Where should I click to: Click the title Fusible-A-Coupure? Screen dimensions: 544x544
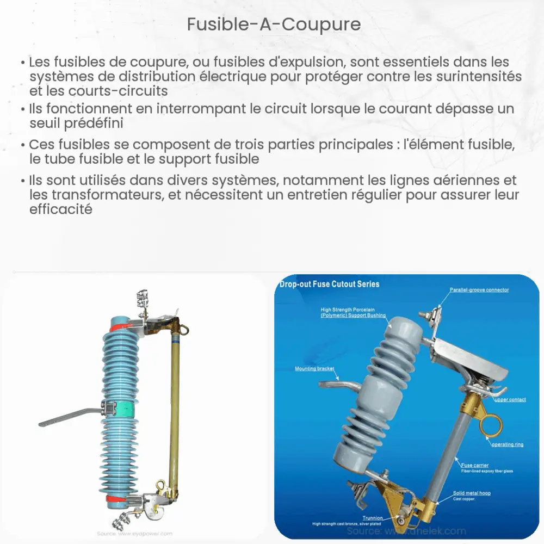click(x=274, y=24)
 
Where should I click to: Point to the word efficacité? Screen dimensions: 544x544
click(x=61, y=209)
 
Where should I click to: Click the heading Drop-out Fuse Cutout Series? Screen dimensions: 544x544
click(x=329, y=284)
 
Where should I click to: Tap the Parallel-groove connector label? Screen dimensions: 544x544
click(x=479, y=290)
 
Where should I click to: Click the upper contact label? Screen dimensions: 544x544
click(x=510, y=400)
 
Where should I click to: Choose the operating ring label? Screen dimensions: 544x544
click(x=507, y=444)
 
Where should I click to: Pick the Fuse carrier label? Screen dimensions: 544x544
click(x=474, y=465)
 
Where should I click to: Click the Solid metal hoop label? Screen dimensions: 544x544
click(x=472, y=493)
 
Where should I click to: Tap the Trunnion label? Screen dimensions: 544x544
click(x=373, y=518)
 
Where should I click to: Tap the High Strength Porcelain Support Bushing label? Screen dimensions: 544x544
click(x=354, y=312)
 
